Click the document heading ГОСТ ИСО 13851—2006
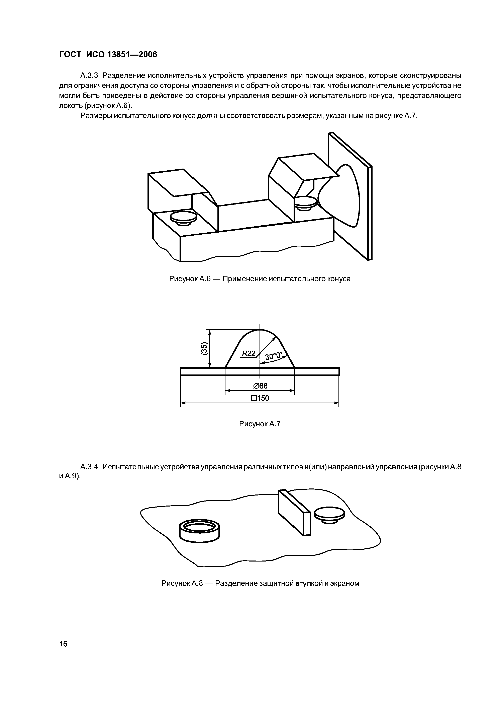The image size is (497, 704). (x=108, y=55)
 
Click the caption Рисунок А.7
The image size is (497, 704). (x=260, y=424)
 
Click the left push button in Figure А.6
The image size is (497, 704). (x=183, y=218)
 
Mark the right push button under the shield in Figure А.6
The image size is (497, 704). (x=305, y=203)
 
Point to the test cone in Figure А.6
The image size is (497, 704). (x=343, y=196)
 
